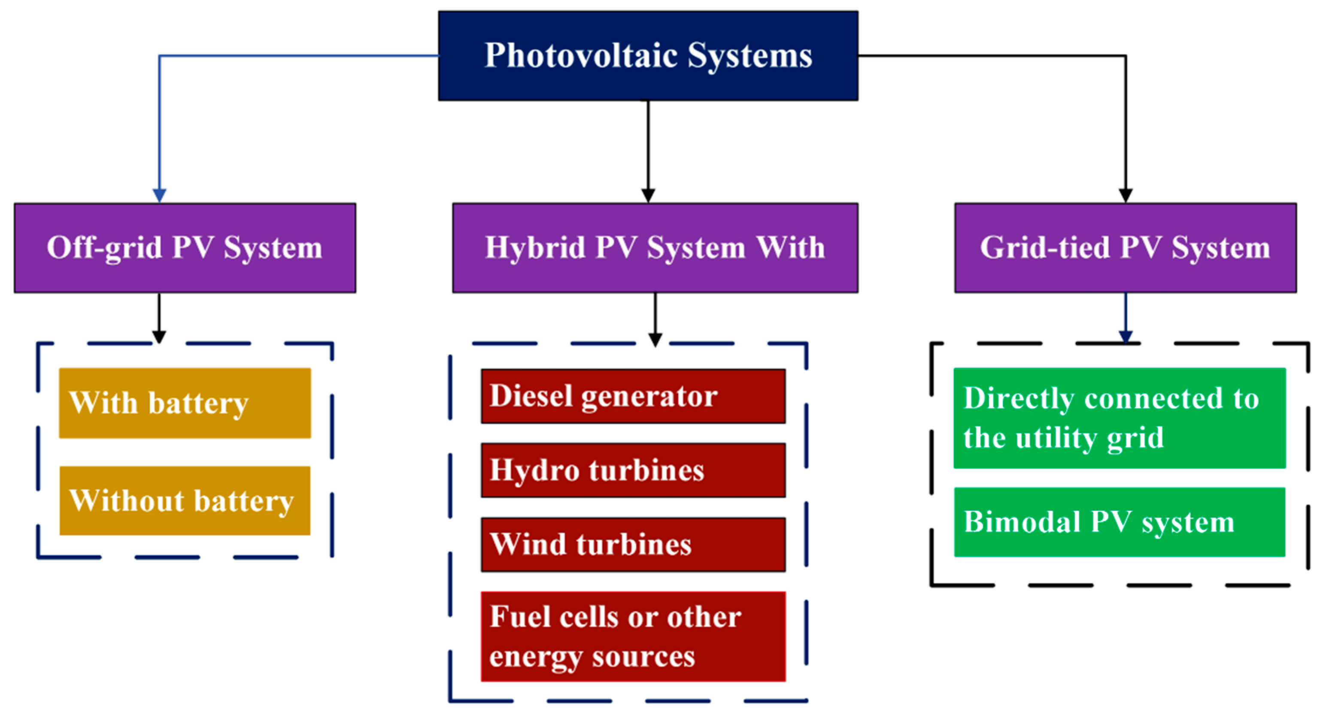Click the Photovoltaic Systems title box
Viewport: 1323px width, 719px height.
[648, 55]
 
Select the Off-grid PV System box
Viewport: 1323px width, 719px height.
[185, 248]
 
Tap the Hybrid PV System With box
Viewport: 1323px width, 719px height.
[655, 248]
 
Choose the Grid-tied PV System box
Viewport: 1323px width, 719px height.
[1125, 248]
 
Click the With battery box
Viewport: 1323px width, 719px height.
[185, 403]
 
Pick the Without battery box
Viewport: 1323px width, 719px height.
[185, 501]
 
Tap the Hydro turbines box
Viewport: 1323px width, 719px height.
[633, 470]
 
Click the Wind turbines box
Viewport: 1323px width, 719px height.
[633, 545]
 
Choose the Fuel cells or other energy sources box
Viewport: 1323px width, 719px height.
[633, 637]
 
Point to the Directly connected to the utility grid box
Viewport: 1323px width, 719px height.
[1120, 418]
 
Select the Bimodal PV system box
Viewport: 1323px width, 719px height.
[1120, 522]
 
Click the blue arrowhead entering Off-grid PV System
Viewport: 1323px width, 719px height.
[159, 196]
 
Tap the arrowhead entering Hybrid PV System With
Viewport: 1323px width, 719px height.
[648, 196]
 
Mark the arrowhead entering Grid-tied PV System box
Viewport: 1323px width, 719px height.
[1125, 196]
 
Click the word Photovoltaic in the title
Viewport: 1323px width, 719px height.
[581, 55]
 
